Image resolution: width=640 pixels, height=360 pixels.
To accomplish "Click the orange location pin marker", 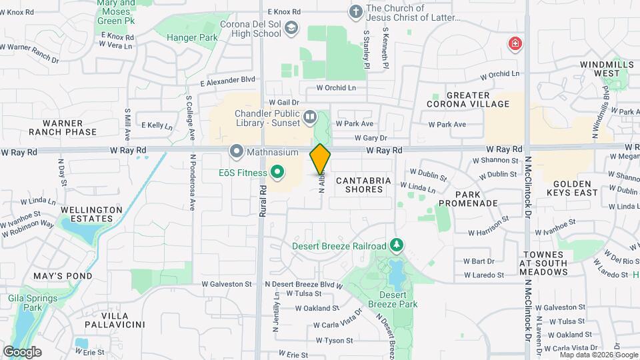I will pyautogui.click(x=320, y=159).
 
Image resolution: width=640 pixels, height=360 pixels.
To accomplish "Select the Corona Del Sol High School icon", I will pyautogui.click(x=291, y=28).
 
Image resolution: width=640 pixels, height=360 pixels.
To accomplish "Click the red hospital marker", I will pyautogui.click(x=515, y=45).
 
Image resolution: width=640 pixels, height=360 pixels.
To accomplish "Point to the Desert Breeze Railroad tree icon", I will pyautogui.click(x=397, y=246).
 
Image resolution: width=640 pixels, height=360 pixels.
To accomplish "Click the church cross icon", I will pyautogui.click(x=356, y=11).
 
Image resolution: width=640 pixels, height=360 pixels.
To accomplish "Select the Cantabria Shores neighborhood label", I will pyautogui.click(x=359, y=185).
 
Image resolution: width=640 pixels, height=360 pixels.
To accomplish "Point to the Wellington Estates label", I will pyautogui.click(x=91, y=214).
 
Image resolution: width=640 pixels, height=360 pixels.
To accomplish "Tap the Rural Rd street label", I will pyautogui.click(x=263, y=199).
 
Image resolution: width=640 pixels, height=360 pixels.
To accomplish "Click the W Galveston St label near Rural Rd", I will pyautogui.click(x=226, y=283).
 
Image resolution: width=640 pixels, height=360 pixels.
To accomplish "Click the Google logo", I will pyautogui.click(x=22, y=351).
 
